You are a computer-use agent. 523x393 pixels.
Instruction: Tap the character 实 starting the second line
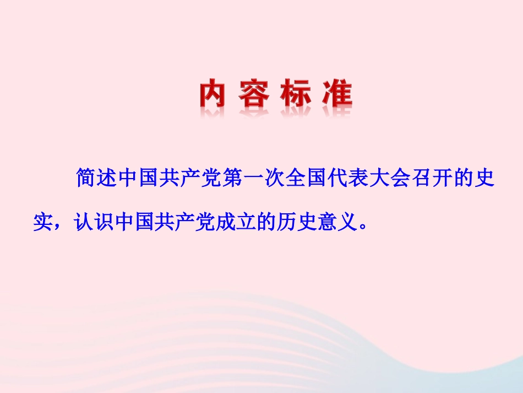[43, 222]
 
